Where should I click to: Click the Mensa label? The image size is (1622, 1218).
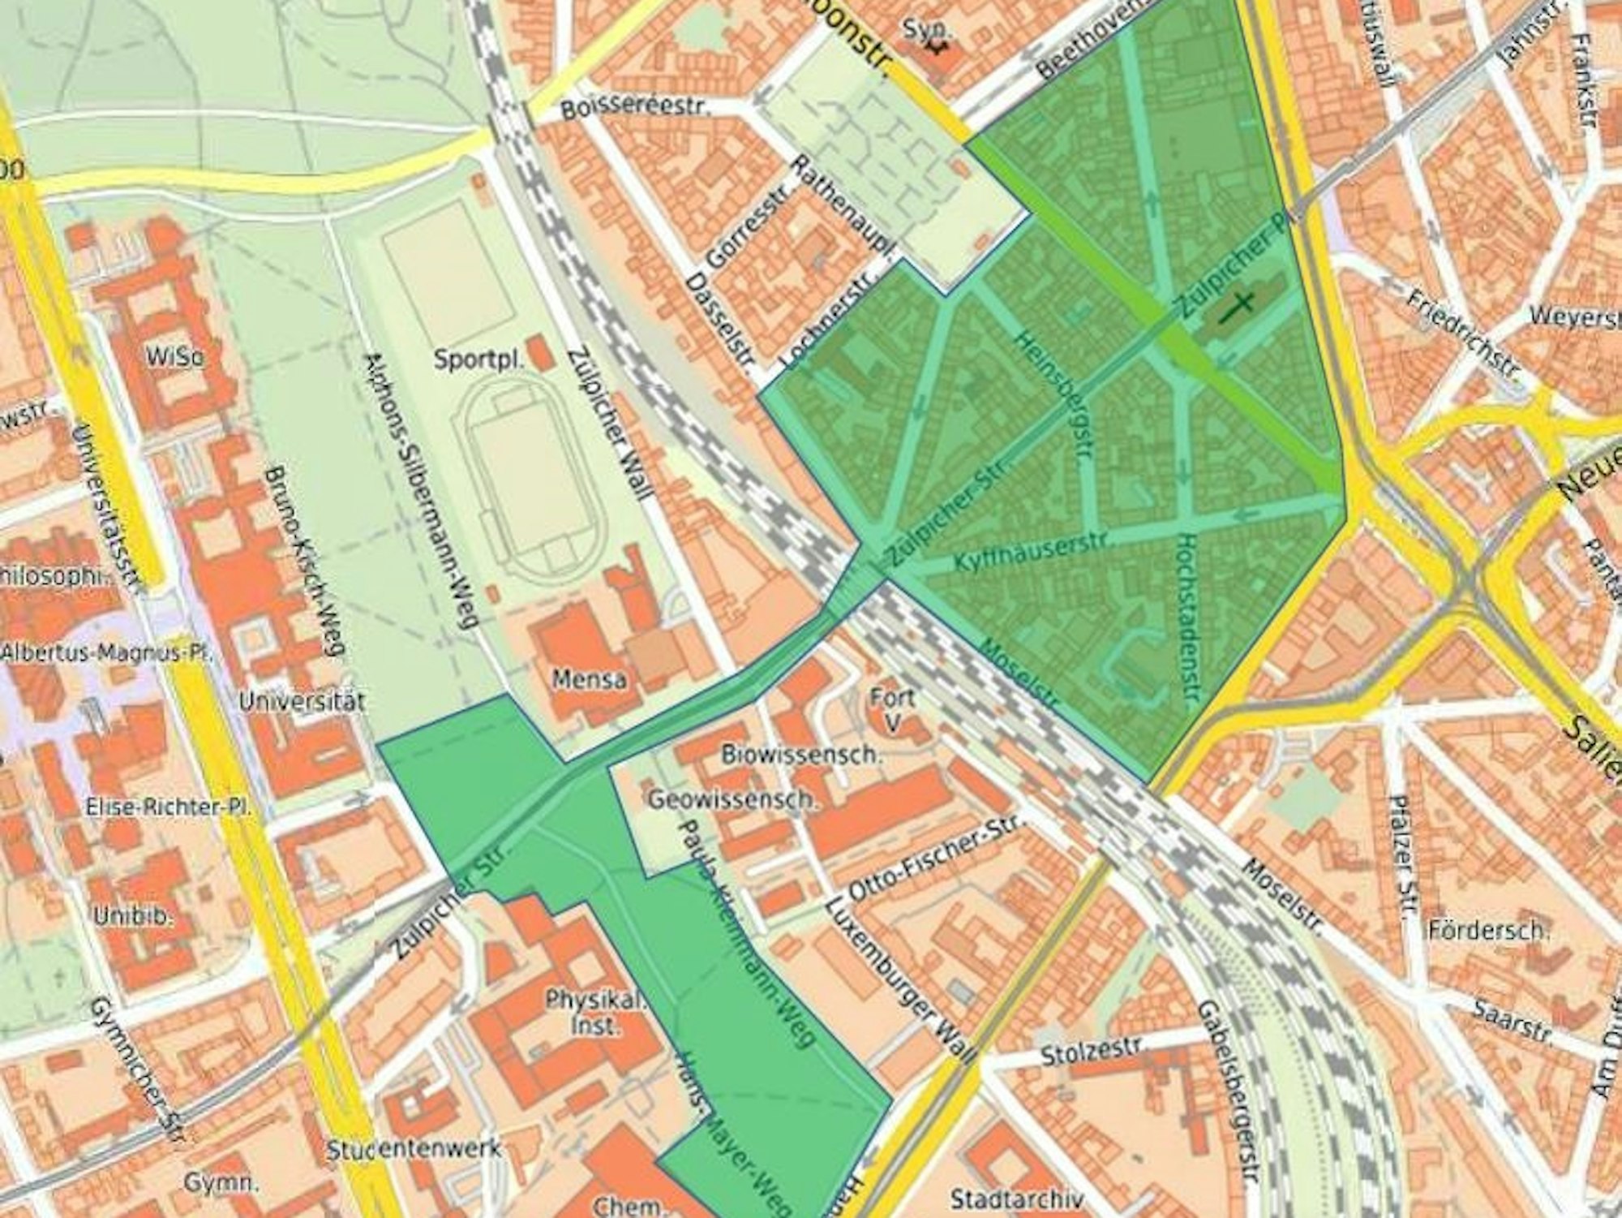point(590,679)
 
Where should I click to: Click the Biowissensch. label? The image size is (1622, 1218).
point(800,754)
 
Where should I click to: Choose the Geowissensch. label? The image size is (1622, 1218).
point(731,799)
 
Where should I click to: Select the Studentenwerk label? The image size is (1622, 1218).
point(414,1148)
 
